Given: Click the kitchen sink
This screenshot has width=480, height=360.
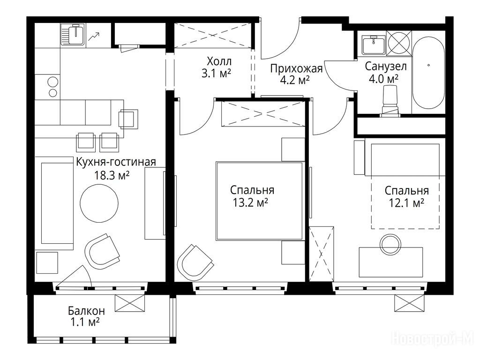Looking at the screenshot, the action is pyautogui.click(x=73, y=35).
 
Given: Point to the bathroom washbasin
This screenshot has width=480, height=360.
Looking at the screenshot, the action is pyautogui.click(x=374, y=45).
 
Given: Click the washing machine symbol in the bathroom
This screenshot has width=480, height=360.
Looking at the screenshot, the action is pyautogui.click(x=399, y=43).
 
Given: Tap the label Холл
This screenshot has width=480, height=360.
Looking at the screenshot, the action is pyautogui.click(x=219, y=61).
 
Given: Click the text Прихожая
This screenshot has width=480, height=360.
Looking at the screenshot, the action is pyautogui.click(x=296, y=68).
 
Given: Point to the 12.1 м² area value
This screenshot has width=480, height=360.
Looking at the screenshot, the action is pyautogui.click(x=406, y=202).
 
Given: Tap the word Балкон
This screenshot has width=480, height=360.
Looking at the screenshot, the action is pyautogui.click(x=86, y=311).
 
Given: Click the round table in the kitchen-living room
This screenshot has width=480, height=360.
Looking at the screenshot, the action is pyautogui.click(x=99, y=202).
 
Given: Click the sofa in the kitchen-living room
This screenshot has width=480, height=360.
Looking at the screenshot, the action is pyautogui.click(x=56, y=203).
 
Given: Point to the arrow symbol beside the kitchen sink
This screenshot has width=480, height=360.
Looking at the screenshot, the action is pyautogui.click(x=94, y=37).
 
